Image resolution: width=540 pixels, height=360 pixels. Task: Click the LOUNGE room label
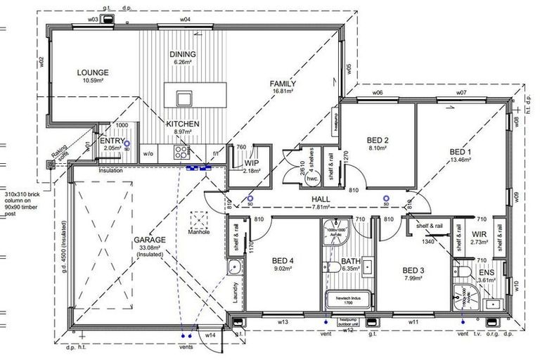(x=92, y=72)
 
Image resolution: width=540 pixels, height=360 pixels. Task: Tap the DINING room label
(x=183, y=54)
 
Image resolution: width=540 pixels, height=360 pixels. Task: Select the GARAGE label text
(x=150, y=239)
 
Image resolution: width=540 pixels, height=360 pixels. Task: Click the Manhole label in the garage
(x=200, y=232)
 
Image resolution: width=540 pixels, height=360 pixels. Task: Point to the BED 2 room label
(x=379, y=139)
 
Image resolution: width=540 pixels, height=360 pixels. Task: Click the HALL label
(x=321, y=200)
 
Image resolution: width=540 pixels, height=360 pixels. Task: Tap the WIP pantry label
(x=252, y=162)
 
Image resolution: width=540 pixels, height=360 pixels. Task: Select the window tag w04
(x=186, y=20)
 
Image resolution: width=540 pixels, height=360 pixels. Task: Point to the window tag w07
(x=461, y=93)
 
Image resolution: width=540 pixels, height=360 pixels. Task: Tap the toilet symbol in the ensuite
(x=459, y=271)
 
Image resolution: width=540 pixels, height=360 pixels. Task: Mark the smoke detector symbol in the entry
(x=127, y=148)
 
